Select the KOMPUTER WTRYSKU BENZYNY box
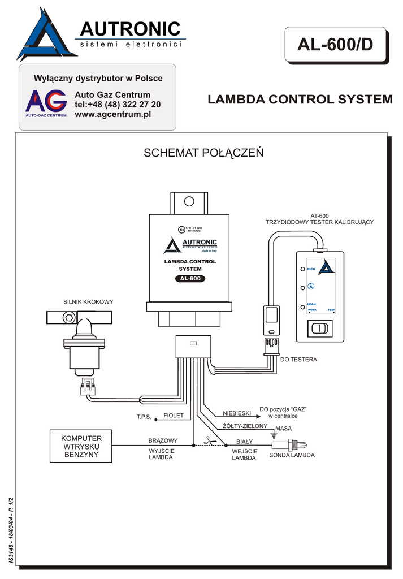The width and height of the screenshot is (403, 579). click(x=81, y=446)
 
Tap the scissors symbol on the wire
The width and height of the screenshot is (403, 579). click(x=209, y=442)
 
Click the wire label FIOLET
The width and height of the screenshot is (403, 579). click(x=174, y=416)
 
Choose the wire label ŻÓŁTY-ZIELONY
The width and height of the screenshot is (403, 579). click(x=245, y=426)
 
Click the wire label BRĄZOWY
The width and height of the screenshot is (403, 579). click(x=163, y=440)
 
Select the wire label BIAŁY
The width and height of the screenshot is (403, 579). click(x=244, y=440)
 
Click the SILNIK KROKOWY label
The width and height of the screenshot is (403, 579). click(x=88, y=302)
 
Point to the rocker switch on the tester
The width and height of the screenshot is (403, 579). click(x=319, y=328)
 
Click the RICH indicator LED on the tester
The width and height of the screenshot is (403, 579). click(x=303, y=269)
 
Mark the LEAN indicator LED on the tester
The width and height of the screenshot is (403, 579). click(x=303, y=307)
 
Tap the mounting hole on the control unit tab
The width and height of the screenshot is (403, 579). click(x=189, y=201)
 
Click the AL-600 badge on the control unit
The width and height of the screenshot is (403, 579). click(x=190, y=279)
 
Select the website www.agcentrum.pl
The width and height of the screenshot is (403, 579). click(x=113, y=114)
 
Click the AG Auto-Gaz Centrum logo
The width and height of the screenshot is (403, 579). click(x=46, y=103)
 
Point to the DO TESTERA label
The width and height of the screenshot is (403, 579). click(x=298, y=360)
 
